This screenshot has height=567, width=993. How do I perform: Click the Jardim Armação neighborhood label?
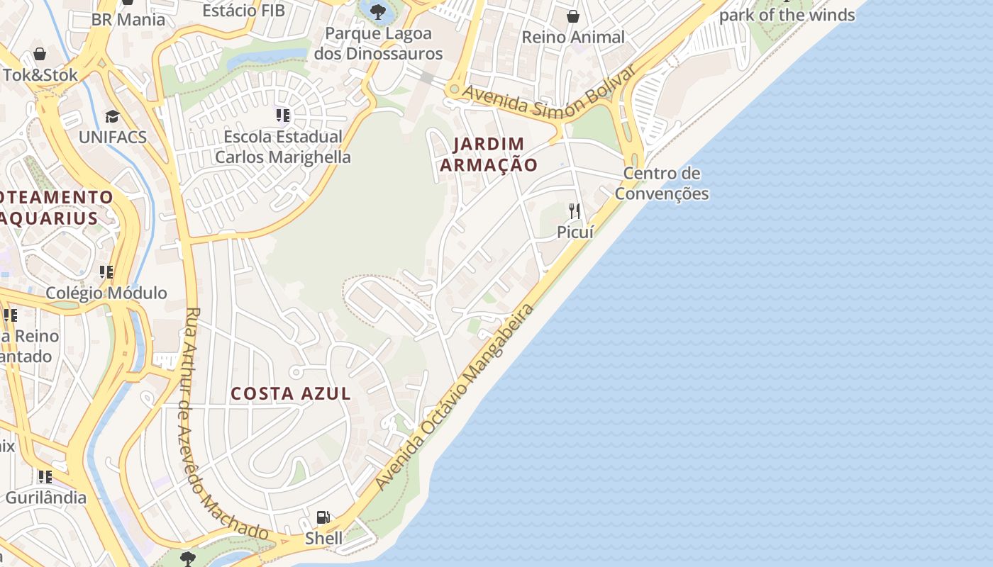[x=489, y=155]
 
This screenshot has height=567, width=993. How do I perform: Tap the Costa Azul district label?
[x=291, y=393]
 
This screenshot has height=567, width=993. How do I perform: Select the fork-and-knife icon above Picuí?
[x=575, y=210]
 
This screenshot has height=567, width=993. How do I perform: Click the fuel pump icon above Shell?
[x=323, y=517]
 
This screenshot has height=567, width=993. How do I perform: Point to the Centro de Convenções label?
[x=662, y=184]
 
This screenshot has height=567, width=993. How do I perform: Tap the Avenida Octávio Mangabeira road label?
[x=454, y=397]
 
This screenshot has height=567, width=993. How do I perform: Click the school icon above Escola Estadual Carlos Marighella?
[x=283, y=115]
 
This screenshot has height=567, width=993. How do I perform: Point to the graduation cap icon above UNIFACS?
[x=112, y=116]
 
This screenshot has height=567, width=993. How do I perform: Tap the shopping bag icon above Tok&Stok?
[x=40, y=54]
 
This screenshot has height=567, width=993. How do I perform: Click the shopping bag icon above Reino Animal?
[x=572, y=16]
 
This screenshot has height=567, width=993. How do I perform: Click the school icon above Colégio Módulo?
[x=106, y=271]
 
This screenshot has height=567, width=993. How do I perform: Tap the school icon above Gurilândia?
[x=45, y=476]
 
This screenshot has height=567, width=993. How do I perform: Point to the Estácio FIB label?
[x=243, y=11]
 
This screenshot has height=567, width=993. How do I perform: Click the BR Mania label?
[x=128, y=19]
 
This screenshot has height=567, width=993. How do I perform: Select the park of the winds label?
[x=787, y=14]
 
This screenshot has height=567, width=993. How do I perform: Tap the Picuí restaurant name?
[x=575, y=232]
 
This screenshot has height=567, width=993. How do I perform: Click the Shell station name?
[x=323, y=539]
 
